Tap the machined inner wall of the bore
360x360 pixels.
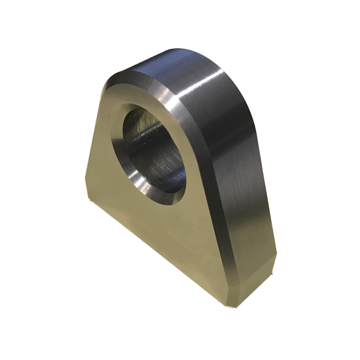(x=158, y=144)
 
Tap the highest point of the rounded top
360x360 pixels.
(x=169, y=50)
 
